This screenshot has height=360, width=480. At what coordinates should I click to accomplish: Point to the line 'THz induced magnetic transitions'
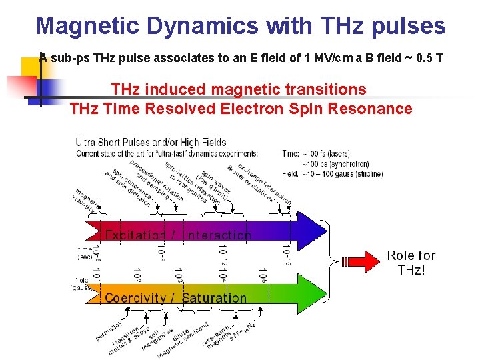coord(239,89)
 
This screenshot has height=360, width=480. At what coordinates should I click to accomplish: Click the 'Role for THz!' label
coord(411,262)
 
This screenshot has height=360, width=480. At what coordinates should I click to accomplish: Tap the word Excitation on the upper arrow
coord(136,235)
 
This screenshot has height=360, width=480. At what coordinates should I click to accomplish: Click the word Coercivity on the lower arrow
coord(135,298)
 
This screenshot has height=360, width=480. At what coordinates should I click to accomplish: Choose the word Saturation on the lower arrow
coord(214,298)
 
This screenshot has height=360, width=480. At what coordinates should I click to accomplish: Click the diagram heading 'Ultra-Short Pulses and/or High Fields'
coord(151,142)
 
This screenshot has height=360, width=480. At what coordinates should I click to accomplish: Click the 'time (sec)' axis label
coord(85,253)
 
